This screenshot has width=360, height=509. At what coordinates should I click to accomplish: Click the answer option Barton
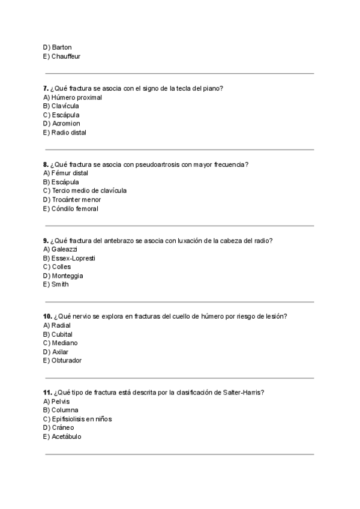(x=57, y=47)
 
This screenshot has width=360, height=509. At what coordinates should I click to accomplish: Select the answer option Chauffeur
(x=61, y=56)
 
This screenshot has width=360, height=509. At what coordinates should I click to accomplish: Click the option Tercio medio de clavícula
(x=84, y=191)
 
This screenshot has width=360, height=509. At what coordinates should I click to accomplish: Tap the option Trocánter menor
(x=71, y=200)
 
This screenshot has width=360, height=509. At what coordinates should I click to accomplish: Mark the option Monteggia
(x=62, y=276)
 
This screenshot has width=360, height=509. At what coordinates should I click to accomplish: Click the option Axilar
(x=55, y=352)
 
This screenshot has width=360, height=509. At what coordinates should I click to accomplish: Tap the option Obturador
(x=62, y=361)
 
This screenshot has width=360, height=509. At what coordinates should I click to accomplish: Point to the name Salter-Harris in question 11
(x=243, y=393)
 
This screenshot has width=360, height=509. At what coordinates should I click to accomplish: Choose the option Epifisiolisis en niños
(x=77, y=419)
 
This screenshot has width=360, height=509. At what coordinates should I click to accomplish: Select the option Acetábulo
(x=62, y=436)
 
